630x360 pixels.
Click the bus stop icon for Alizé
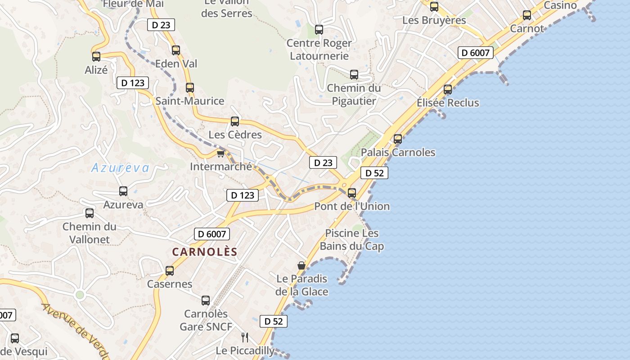click(x=96, y=57)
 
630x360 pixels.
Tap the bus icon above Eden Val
click(x=176, y=50)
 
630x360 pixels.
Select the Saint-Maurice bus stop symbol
click(x=190, y=88)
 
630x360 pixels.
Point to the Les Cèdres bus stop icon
click(x=235, y=121)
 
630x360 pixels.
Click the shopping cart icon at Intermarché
click(x=220, y=154)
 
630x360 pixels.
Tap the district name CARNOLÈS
click(x=204, y=252)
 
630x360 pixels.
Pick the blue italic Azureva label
click(x=120, y=168)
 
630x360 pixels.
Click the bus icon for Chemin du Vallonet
click(x=90, y=213)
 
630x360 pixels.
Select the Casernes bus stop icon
click(x=170, y=271)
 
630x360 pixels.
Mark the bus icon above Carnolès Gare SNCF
click(x=206, y=301)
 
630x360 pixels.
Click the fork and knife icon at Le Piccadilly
click(x=245, y=337)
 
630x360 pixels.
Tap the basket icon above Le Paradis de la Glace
click(x=301, y=265)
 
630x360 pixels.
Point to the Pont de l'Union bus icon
click(x=352, y=193)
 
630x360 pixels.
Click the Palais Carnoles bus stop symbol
click(x=398, y=139)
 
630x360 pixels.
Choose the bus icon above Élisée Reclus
click(x=448, y=90)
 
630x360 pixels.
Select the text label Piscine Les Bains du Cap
click(x=352, y=240)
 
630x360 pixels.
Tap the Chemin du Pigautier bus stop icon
click(x=354, y=75)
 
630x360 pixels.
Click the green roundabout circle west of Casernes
click(x=80, y=295)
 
